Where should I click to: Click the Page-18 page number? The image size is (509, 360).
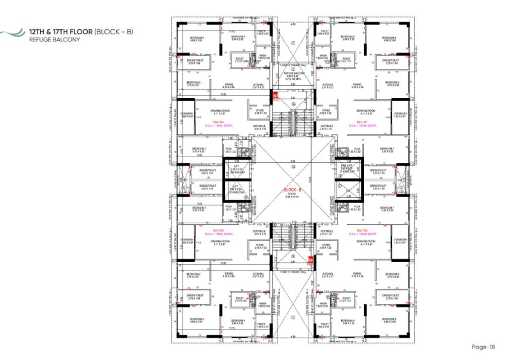483,347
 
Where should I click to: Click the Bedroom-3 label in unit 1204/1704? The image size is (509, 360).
197,39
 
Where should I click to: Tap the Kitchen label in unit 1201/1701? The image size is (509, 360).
328,85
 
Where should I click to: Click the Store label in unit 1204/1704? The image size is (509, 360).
260,110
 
